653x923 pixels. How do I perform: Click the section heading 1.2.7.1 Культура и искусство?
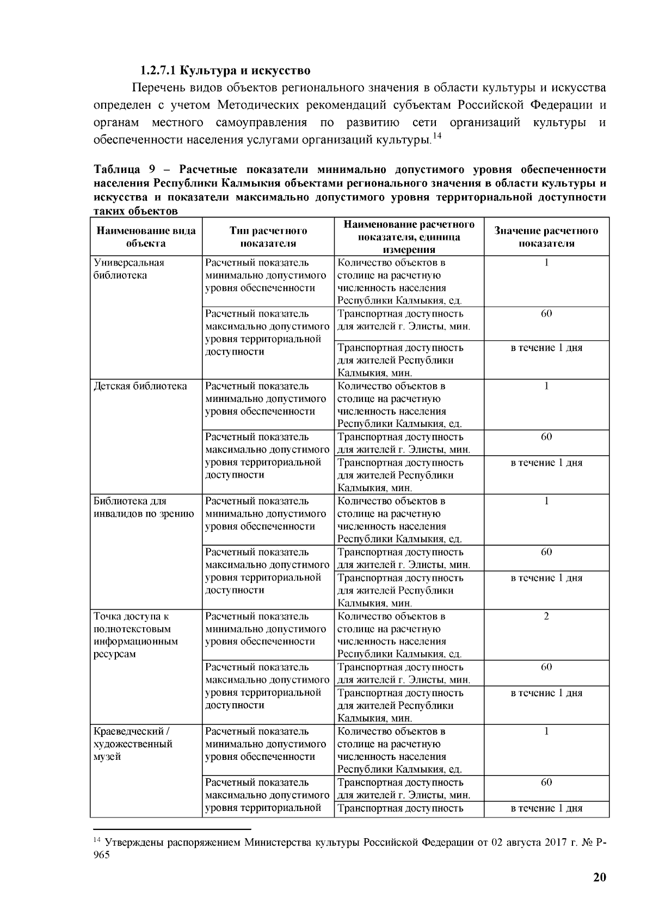point(225,71)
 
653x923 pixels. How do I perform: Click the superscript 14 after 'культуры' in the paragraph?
point(436,137)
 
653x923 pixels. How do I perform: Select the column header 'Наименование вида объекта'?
point(146,237)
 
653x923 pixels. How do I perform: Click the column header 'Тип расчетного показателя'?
point(268,237)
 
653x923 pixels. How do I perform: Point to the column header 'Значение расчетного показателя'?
point(546,237)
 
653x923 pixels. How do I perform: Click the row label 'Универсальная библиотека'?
point(129,269)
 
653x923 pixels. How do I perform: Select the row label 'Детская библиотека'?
point(140,386)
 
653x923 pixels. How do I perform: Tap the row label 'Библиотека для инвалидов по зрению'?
point(144,507)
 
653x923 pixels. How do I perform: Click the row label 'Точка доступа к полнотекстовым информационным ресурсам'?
point(135,635)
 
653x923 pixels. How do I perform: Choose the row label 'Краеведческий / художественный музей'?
point(133,744)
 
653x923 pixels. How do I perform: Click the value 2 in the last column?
point(546,616)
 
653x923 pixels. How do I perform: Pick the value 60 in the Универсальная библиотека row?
point(546,314)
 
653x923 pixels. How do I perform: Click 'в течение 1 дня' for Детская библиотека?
point(546,463)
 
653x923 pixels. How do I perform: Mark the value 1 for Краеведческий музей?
point(546,731)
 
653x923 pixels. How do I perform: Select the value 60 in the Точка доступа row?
point(546,667)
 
